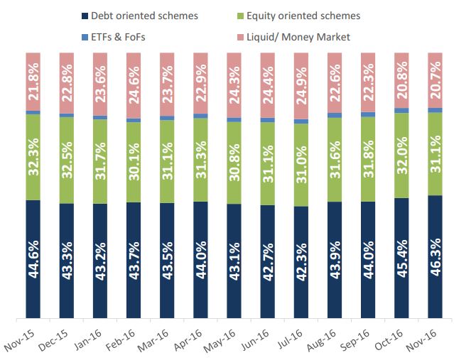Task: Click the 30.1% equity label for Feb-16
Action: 134,162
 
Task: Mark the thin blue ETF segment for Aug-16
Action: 334,115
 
